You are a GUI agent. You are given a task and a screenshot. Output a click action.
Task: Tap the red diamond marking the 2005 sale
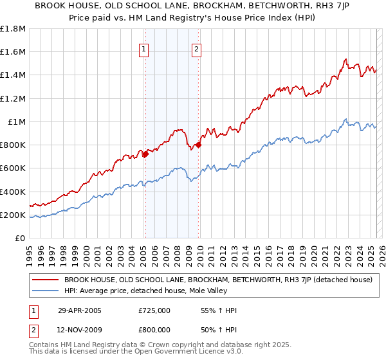145,154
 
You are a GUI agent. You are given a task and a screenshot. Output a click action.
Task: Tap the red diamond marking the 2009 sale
198,145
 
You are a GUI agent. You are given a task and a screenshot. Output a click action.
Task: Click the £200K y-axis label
13,215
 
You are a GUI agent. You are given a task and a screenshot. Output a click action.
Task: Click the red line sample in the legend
46,280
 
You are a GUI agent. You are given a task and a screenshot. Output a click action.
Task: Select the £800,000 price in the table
154,330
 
